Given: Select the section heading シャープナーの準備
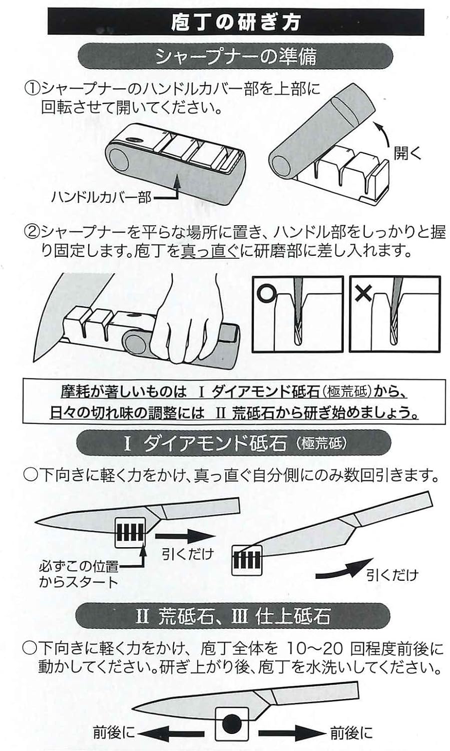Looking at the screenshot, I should click(235, 56).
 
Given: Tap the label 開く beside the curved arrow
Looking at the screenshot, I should click(407, 153).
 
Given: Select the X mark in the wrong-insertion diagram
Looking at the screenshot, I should click(363, 292).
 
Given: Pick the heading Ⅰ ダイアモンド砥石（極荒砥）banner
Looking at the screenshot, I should click(235, 443).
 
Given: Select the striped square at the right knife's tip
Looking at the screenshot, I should click(247, 559).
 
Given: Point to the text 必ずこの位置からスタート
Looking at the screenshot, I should click(79, 574).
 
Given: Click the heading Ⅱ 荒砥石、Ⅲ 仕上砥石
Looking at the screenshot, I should click(233, 616).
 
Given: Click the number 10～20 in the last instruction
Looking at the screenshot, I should click(315, 649).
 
